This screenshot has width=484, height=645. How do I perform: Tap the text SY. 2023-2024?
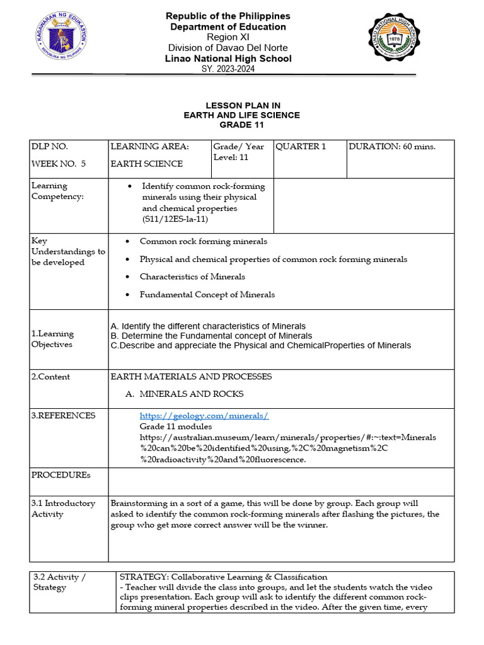coord(228,69)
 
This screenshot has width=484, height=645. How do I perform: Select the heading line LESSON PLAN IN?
coord(241,105)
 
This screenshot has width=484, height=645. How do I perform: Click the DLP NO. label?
coord(49,147)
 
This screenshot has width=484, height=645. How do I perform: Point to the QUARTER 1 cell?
coord(301,147)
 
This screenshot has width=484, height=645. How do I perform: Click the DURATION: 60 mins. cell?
coord(391,147)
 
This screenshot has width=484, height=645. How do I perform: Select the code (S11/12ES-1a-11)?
coord(175,219)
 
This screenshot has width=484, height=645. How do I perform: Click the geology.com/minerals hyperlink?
coord(204,416)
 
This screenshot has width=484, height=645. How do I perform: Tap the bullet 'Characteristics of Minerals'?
coord(192,277)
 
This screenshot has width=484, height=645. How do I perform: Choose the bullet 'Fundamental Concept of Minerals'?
coord(207,294)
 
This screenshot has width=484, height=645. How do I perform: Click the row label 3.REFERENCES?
coord(64,416)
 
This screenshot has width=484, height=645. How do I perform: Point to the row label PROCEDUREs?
coord(61,474)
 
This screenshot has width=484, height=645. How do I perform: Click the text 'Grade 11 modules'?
coord(176,426)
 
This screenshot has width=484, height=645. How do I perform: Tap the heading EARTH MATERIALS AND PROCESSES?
coord(191,377)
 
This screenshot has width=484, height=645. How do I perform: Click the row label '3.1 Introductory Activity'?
coord(63,508)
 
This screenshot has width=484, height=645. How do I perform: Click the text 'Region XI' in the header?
coord(228,37)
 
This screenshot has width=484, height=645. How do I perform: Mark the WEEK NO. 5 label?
coord(58,164)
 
